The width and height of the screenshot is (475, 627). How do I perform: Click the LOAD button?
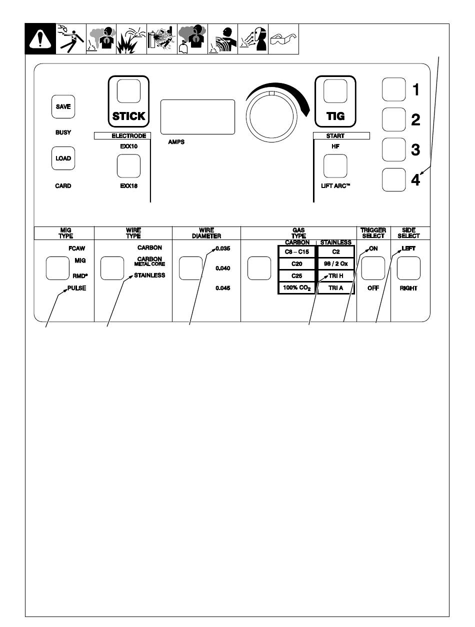(x=63, y=158)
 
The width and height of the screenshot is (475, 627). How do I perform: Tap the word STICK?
(x=129, y=116)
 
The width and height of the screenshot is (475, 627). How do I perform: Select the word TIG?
(x=335, y=116)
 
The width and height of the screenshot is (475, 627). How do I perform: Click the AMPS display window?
(x=197, y=117)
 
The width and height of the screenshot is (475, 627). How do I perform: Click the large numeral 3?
(x=415, y=149)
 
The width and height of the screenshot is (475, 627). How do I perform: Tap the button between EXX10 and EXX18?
(x=129, y=166)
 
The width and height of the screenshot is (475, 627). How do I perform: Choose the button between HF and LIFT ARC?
(x=335, y=166)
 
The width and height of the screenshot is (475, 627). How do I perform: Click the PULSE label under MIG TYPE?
(x=76, y=288)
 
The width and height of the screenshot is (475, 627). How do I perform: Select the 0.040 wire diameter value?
(x=223, y=268)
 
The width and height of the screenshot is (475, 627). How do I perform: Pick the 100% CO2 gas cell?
(x=297, y=288)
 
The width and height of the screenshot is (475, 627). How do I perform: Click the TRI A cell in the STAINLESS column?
(x=335, y=288)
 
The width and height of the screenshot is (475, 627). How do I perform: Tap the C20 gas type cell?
(x=297, y=264)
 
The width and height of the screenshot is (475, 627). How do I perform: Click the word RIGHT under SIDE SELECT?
(x=408, y=288)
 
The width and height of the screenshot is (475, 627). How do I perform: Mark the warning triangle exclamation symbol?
(x=40, y=39)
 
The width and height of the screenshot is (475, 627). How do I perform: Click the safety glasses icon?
(x=283, y=39)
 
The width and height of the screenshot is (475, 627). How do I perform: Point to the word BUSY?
(x=63, y=132)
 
